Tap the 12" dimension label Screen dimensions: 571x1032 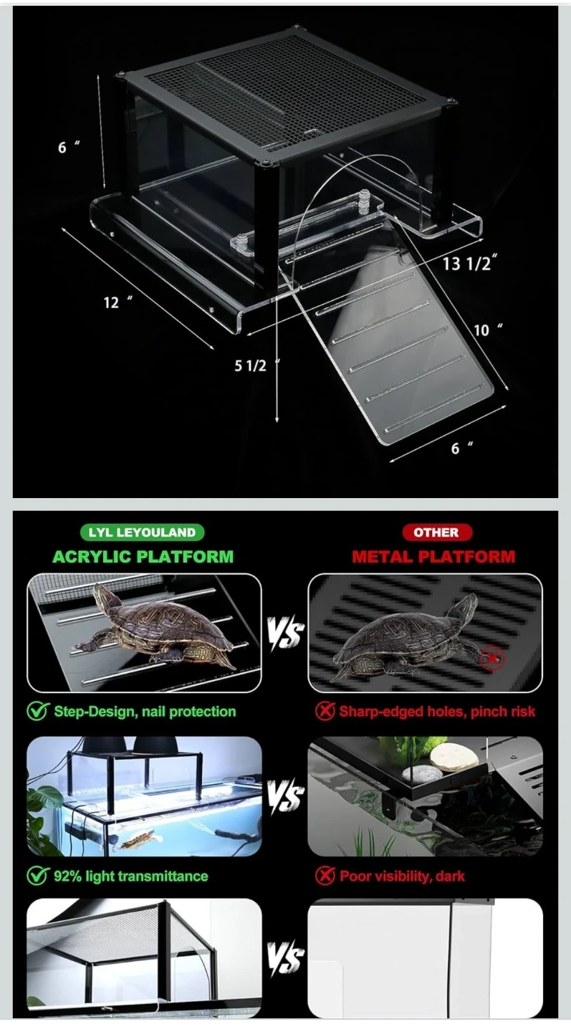(x=117, y=302)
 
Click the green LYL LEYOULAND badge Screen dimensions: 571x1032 (x=143, y=532)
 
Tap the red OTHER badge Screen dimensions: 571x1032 (x=436, y=532)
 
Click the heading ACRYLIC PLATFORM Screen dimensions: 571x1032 (x=143, y=557)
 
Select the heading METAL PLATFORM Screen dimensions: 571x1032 (x=433, y=557)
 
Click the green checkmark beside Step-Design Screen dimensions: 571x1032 (x=37, y=711)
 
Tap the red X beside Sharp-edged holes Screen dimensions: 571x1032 (x=325, y=712)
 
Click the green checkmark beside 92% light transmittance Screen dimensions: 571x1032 (x=37, y=875)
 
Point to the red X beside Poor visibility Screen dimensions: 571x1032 (x=325, y=875)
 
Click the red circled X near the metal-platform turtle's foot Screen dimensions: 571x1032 (x=491, y=658)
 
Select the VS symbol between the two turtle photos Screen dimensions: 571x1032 (x=286, y=633)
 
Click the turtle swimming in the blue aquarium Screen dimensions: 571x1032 (x=136, y=840)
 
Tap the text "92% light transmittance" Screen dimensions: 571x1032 (x=131, y=876)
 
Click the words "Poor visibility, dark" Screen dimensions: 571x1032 (x=402, y=876)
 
